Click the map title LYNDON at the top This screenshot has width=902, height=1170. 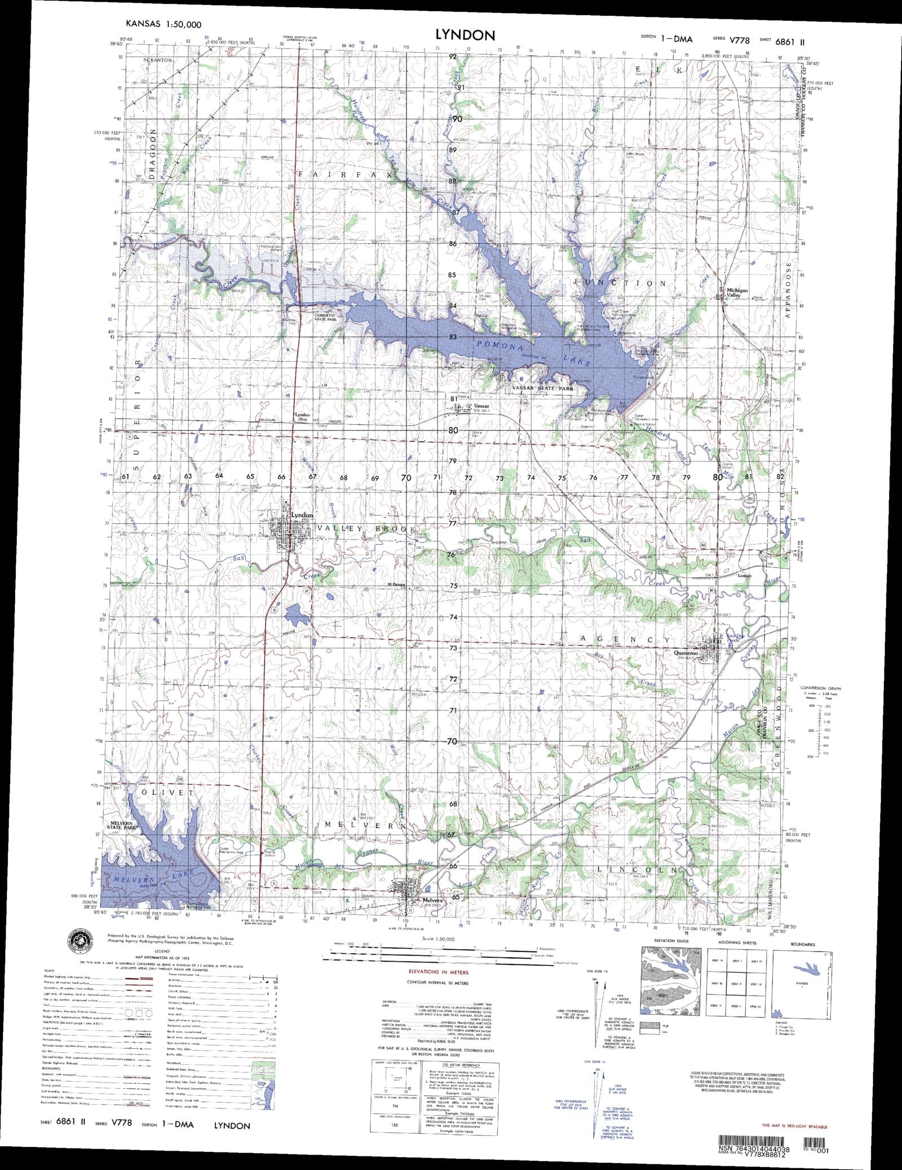point(465,35)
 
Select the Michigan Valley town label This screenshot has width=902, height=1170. point(737,293)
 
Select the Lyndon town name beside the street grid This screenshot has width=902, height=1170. point(302,515)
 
